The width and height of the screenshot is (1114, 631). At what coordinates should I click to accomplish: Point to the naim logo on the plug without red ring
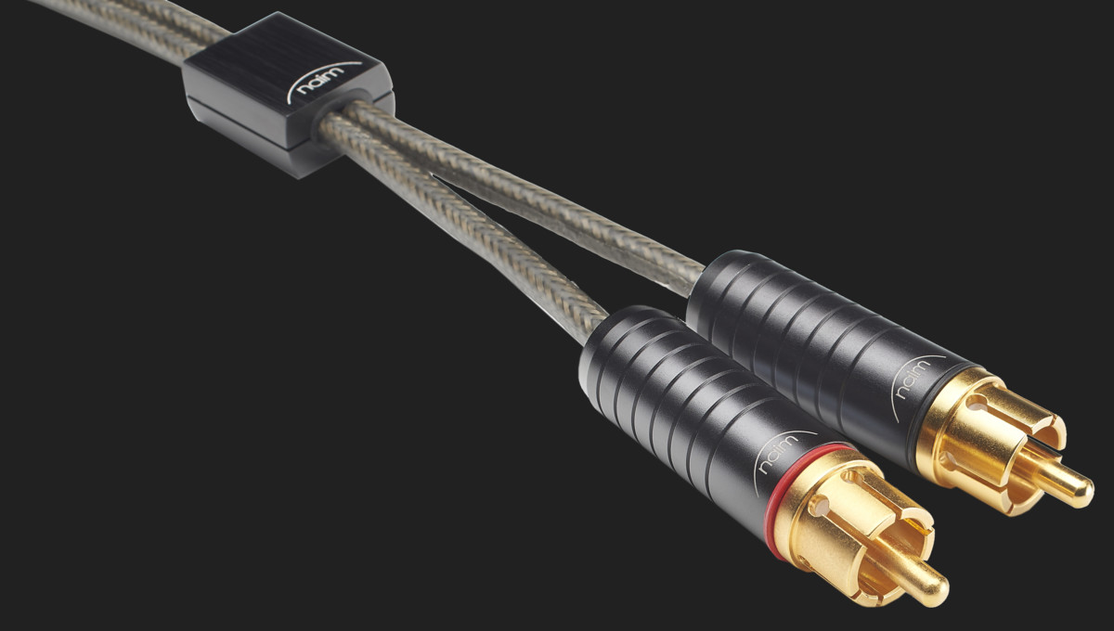click(x=914, y=378)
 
